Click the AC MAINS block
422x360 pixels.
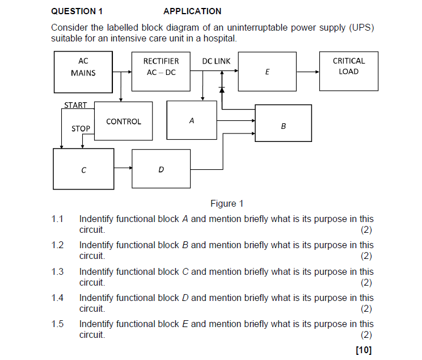coord(83,72)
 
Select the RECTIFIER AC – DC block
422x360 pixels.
coord(161,72)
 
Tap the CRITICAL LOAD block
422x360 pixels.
coord(349,71)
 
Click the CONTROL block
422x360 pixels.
coord(123,121)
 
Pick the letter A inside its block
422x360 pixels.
coord(192,121)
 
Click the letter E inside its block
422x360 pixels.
coord(267,72)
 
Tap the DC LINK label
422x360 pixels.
coord(217,61)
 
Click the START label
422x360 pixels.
coord(75,105)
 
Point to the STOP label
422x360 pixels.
coord(81,129)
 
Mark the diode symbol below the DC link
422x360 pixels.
coord(222,90)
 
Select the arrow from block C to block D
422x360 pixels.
coord(123,169)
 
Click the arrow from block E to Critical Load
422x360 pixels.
coord(308,72)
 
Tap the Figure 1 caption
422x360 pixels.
coord(226,204)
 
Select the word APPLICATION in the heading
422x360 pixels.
coord(192,11)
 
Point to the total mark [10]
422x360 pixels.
coord(364,350)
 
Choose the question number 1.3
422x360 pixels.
coord(57,271)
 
